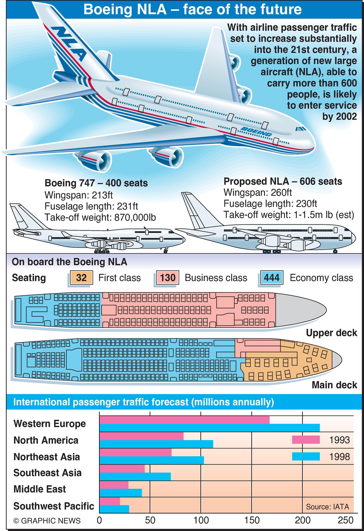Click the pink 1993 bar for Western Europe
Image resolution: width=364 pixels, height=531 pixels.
tap(184, 420)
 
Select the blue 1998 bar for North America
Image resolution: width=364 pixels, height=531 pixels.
tap(156, 444)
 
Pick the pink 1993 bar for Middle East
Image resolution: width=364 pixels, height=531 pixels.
tap(114, 485)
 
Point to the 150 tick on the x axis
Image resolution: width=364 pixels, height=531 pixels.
tap(252, 520)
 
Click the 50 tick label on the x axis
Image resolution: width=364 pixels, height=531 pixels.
tap(150, 520)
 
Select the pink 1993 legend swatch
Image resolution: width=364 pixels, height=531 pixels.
tap(305, 440)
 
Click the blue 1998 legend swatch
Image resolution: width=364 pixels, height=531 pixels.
tap(305, 456)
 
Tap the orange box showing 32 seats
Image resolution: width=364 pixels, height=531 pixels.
tap(81, 278)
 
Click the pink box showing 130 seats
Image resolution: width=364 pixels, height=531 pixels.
tap(168, 278)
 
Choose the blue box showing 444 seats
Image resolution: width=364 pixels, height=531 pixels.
tap(271, 278)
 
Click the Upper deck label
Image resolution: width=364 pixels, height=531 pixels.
tap(331, 333)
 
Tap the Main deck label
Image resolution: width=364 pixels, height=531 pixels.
tap(334, 385)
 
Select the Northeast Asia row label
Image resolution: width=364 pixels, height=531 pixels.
tap(47, 457)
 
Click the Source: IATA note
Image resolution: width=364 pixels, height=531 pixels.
tap(327, 507)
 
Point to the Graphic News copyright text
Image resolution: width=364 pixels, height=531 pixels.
tap(47, 521)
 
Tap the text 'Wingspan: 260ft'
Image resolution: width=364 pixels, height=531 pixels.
tap(257, 192)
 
